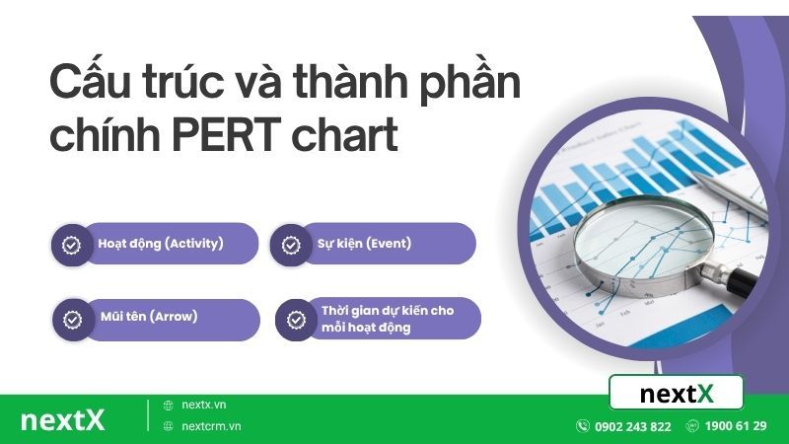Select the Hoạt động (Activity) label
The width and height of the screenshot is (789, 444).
161,243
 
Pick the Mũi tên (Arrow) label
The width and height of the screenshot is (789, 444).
148,318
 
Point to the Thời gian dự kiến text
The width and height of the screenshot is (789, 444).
388,311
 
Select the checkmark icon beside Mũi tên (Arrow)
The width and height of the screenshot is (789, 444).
73,320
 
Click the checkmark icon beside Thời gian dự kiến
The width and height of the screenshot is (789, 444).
296,320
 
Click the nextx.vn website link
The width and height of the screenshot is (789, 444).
204,405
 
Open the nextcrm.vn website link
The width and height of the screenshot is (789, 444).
211,426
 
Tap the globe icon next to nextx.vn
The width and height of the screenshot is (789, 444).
169,405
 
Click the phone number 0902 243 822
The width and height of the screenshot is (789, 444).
632,426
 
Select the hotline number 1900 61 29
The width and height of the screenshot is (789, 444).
737,426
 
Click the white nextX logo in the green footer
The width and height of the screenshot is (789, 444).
62,419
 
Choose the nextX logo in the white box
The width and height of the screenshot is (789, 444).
676,394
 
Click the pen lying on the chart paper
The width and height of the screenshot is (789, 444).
729,188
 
